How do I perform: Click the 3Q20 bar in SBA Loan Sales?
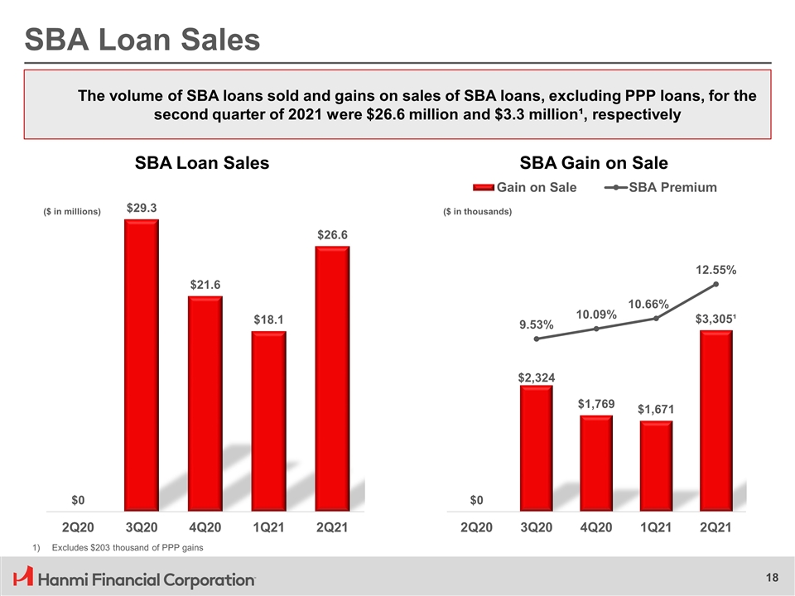coord(141,364)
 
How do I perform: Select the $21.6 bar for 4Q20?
coord(205,402)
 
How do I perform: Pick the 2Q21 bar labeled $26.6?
coord(332,377)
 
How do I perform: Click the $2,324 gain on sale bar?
coord(536,447)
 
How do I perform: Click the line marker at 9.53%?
coord(537,339)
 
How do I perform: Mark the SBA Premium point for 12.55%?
coord(715,285)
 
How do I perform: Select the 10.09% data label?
coord(596,315)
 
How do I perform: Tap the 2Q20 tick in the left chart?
coord(78,526)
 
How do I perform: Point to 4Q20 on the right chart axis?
coord(595,526)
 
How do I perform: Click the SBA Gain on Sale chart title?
coord(594,163)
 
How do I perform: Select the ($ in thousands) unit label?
coord(478,212)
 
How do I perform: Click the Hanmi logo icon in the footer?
coord(24,577)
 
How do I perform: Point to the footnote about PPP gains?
coord(123,548)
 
